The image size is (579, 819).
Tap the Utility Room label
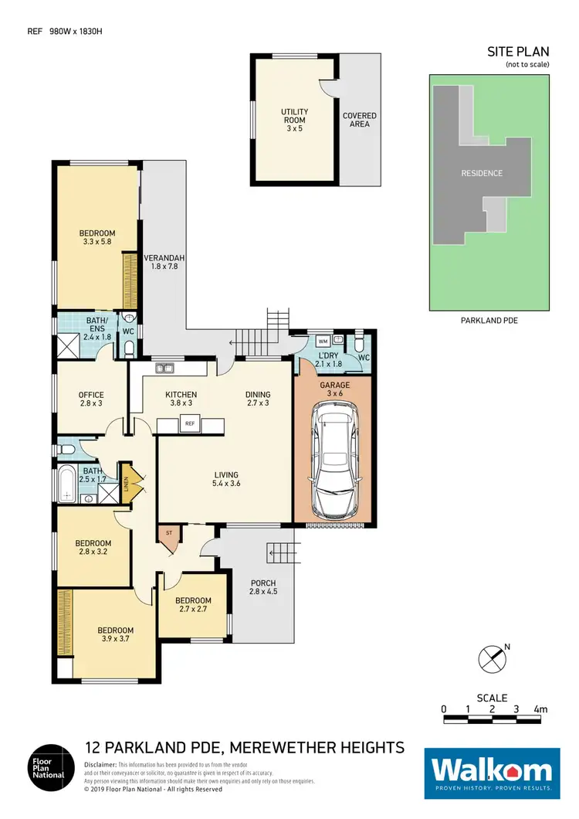(x=293, y=121)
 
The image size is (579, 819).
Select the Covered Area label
(x=360, y=120)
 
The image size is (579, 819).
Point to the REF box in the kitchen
(x=189, y=423)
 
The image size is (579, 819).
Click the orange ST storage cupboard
(x=168, y=535)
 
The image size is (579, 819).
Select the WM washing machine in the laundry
(x=323, y=341)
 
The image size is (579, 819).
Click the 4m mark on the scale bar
(x=540, y=709)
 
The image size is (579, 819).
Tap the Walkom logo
(x=492, y=770)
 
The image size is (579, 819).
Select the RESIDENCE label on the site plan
(x=481, y=173)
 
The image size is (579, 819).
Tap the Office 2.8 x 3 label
(x=91, y=400)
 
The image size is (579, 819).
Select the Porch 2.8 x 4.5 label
(x=262, y=588)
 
